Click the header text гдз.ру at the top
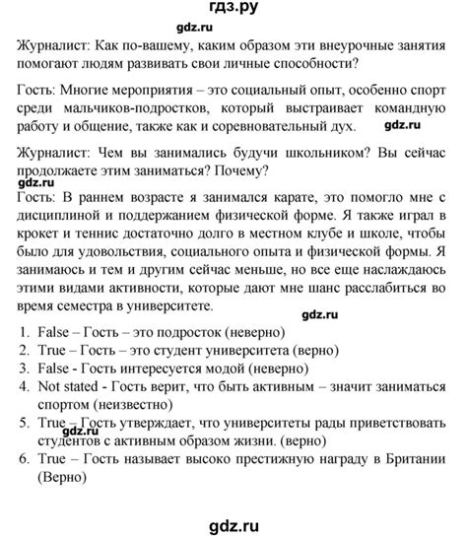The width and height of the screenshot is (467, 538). pos(233,13)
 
